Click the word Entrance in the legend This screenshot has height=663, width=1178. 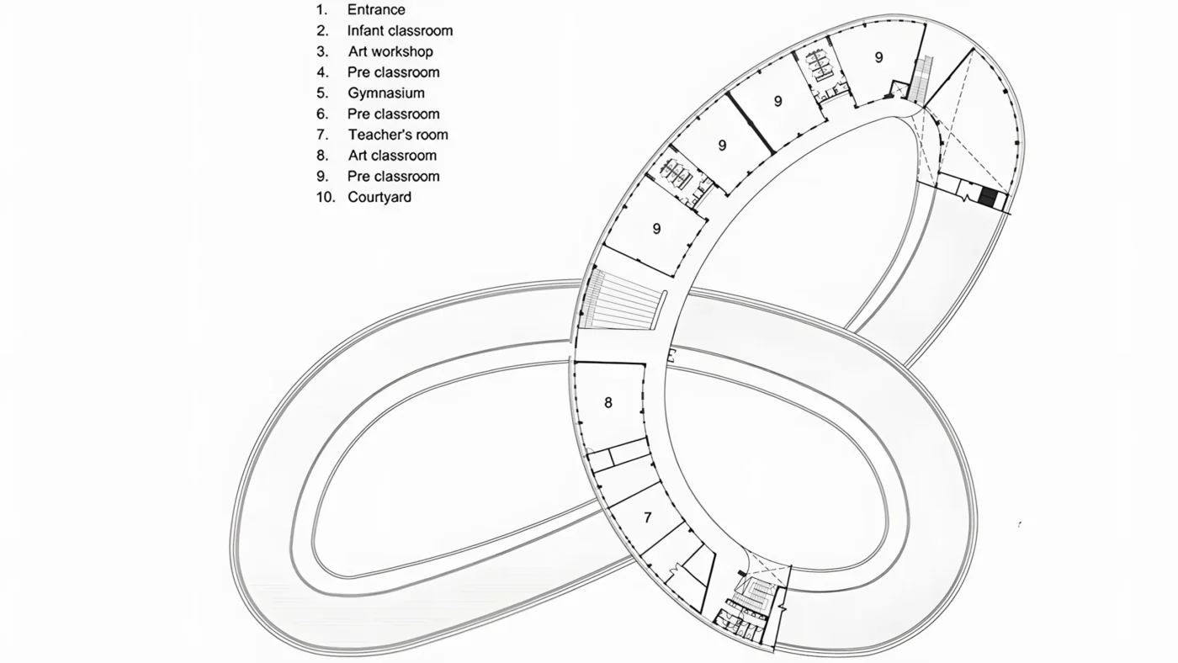376,9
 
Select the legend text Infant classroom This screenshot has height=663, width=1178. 400,30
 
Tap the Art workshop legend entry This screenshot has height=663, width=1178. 390,51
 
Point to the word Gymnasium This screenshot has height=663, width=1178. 386,93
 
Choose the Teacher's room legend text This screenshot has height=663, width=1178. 398,135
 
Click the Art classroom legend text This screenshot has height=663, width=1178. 392,156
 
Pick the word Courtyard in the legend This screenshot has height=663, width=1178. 379,197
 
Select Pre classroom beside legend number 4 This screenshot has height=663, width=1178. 394,72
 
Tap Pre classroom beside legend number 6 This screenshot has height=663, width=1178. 394,114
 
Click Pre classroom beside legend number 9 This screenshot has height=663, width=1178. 394,176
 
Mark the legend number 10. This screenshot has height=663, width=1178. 326,197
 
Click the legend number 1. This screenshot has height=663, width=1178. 321,9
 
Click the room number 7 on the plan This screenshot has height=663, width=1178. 648,517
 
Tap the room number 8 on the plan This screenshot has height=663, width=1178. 608,403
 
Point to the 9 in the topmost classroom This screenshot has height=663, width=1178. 878,57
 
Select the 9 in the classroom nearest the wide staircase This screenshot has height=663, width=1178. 656,229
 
